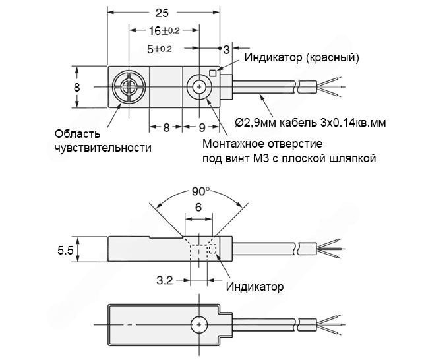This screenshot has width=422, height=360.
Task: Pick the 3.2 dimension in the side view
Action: click(164, 281)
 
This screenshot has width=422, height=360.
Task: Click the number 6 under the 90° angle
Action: click(198, 207)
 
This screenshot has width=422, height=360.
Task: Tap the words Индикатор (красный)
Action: click(301, 57)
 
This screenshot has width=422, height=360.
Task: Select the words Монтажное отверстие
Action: click(262, 144)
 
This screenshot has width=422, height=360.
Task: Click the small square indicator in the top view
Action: click(213, 73)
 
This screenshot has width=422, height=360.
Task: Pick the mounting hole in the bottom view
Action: click(198, 325)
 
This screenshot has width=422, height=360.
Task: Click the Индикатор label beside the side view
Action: click(255, 287)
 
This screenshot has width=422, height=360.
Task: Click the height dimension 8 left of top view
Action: click(77, 87)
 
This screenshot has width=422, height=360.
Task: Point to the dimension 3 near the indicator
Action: click(226, 49)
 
